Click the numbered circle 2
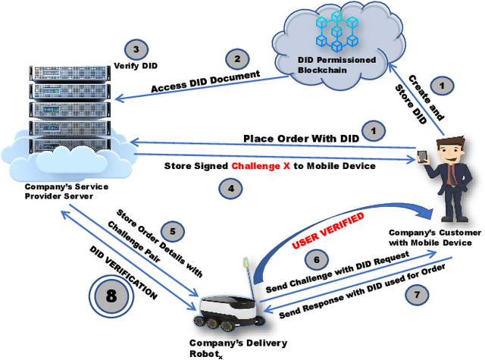237,59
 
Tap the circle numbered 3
135,51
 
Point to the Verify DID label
136,66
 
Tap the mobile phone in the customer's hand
422,157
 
